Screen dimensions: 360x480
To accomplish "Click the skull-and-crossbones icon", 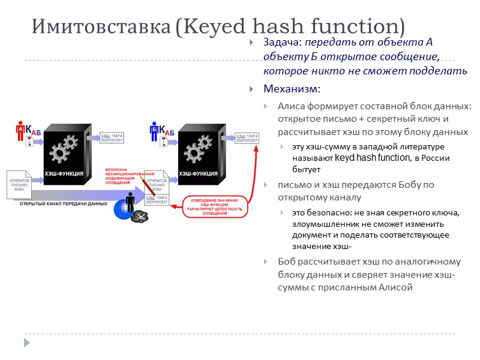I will coord(140,216).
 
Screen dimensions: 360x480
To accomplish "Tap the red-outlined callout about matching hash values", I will coord(211,205).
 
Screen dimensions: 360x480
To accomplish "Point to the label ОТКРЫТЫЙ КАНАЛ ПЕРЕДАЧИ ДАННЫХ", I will coord(64,203).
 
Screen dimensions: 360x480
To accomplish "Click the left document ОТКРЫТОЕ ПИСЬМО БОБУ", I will coord(20,184).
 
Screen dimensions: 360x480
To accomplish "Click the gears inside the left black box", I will coord(64,148).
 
